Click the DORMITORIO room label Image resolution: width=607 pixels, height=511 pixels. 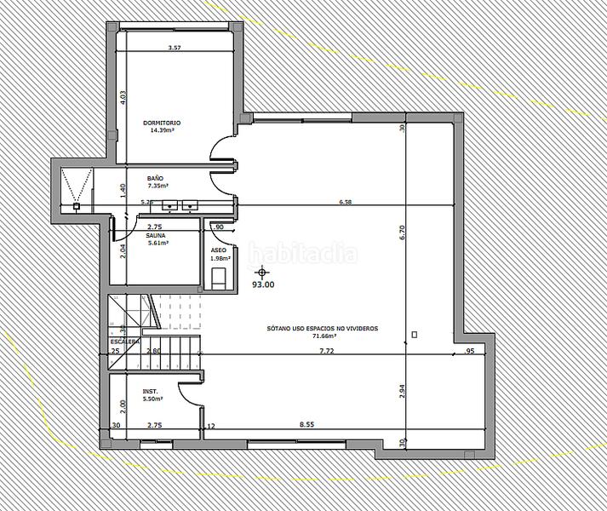[x=161, y=123]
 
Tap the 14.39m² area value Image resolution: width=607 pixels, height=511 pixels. [x=162, y=131]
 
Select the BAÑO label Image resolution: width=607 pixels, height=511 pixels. [x=156, y=178]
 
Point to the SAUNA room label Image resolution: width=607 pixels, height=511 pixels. [x=156, y=235]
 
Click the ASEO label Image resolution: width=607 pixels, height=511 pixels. [x=219, y=250]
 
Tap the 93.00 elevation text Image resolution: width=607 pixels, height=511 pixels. [x=264, y=285]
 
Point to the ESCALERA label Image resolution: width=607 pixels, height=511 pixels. [x=123, y=342]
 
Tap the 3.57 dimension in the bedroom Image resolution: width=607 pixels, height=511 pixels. [x=175, y=49]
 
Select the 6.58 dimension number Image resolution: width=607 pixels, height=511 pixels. [x=345, y=203]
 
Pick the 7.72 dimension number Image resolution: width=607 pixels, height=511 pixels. [x=326, y=351]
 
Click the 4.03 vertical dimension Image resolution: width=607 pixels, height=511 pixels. [x=123, y=96]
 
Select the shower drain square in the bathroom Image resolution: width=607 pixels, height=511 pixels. [x=77, y=205]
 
